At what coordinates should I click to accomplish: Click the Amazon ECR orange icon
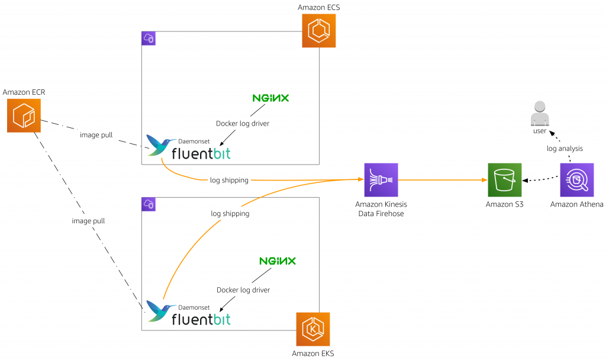point(24,115)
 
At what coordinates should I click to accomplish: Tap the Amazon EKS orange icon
point(312,329)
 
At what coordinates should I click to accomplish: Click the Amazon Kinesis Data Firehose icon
point(381,179)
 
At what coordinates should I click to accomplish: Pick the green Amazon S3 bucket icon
point(504,179)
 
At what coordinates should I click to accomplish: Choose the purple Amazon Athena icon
point(577,179)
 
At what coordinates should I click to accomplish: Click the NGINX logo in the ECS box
point(270,98)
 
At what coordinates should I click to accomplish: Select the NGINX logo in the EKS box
point(277,261)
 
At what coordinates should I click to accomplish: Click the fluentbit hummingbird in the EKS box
point(159,311)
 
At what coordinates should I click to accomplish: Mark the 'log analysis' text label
point(565,149)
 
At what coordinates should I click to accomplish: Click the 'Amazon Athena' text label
point(576,204)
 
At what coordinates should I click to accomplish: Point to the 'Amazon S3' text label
point(504,204)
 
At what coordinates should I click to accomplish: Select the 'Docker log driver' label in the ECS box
point(243,123)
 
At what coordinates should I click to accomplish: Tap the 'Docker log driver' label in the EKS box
point(243,290)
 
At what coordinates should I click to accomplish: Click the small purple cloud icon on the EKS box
point(148,204)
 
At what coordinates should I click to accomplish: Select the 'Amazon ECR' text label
point(24,92)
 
